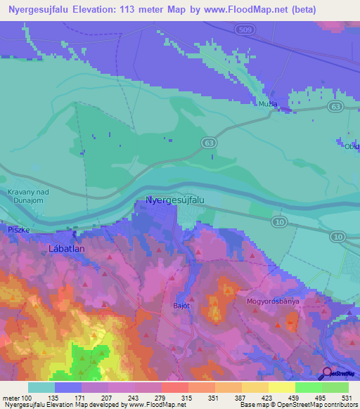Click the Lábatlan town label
(67, 248)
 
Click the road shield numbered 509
(243, 30)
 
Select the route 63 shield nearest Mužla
(336, 107)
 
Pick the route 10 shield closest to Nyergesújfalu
(278, 222)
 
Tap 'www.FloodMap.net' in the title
(236, 10)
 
